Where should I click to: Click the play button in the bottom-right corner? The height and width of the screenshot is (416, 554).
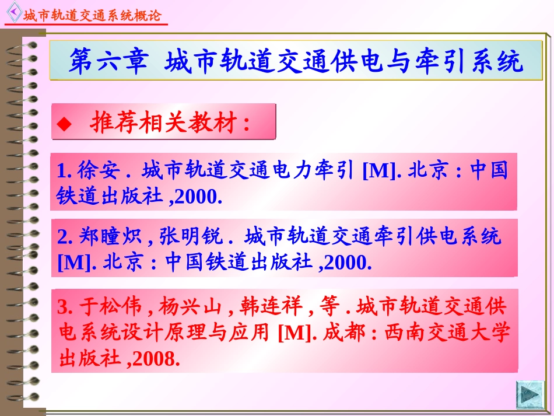[530, 394]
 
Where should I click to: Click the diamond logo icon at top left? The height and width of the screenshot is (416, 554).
[12, 12]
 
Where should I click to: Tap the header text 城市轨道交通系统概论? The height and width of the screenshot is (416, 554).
[92, 16]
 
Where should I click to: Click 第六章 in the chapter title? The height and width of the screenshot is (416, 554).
[108, 61]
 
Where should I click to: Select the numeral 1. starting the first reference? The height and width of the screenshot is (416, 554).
[64, 171]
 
